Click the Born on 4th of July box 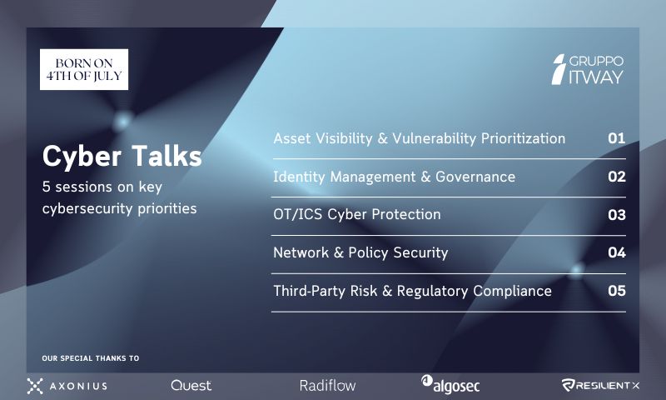[84, 69]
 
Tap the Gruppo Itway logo [588, 69]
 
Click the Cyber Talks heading [122, 157]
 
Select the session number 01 [616, 138]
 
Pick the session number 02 [616, 177]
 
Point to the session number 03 [616, 215]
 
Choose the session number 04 [616, 252]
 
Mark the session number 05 [616, 291]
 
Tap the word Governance [475, 177]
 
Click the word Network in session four [301, 253]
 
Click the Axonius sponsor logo [67, 386]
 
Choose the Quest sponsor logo [191, 386]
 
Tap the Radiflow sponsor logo [327, 386]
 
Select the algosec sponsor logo [450, 385]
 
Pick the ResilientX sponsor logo [600, 386]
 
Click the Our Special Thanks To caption [91, 358]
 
